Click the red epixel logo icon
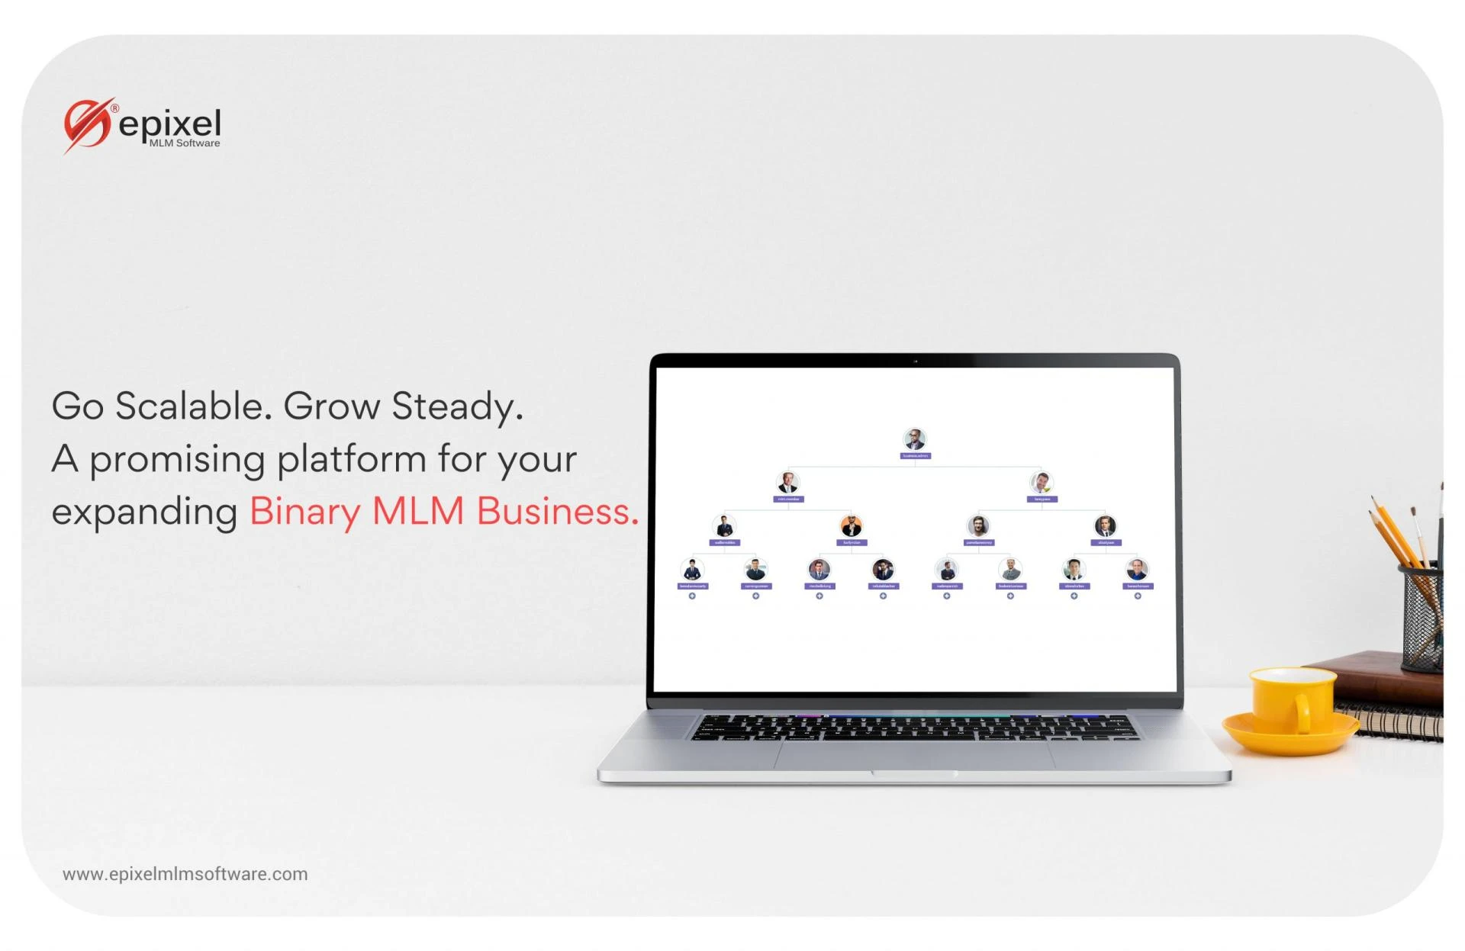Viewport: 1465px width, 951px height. pyautogui.click(x=87, y=125)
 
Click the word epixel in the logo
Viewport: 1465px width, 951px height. pyautogui.click(x=170, y=124)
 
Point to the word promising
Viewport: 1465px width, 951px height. pyautogui.click(x=177, y=460)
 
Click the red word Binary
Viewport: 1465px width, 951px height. pyautogui.click(x=304, y=511)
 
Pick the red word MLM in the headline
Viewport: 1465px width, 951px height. pyautogui.click(x=417, y=511)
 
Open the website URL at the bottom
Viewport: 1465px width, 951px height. pyautogui.click(x=185, y=874)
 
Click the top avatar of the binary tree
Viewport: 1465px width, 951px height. pyautogui.click(x=914, y=439)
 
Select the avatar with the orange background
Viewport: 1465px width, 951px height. pyautogui.click(x=851, y=525)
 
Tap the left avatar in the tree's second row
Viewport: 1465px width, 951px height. pyautogui.click(x=787, y=483)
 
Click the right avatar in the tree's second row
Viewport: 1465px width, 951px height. pyautogui.click(x=1042, y=482)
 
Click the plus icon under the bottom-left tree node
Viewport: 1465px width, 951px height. pyautogui.click(x=692, y=596)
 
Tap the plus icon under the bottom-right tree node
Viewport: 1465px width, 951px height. pyautogui.click(x=1137, y=596)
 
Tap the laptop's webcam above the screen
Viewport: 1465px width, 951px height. pyautogui.click(x=915, y=361)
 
